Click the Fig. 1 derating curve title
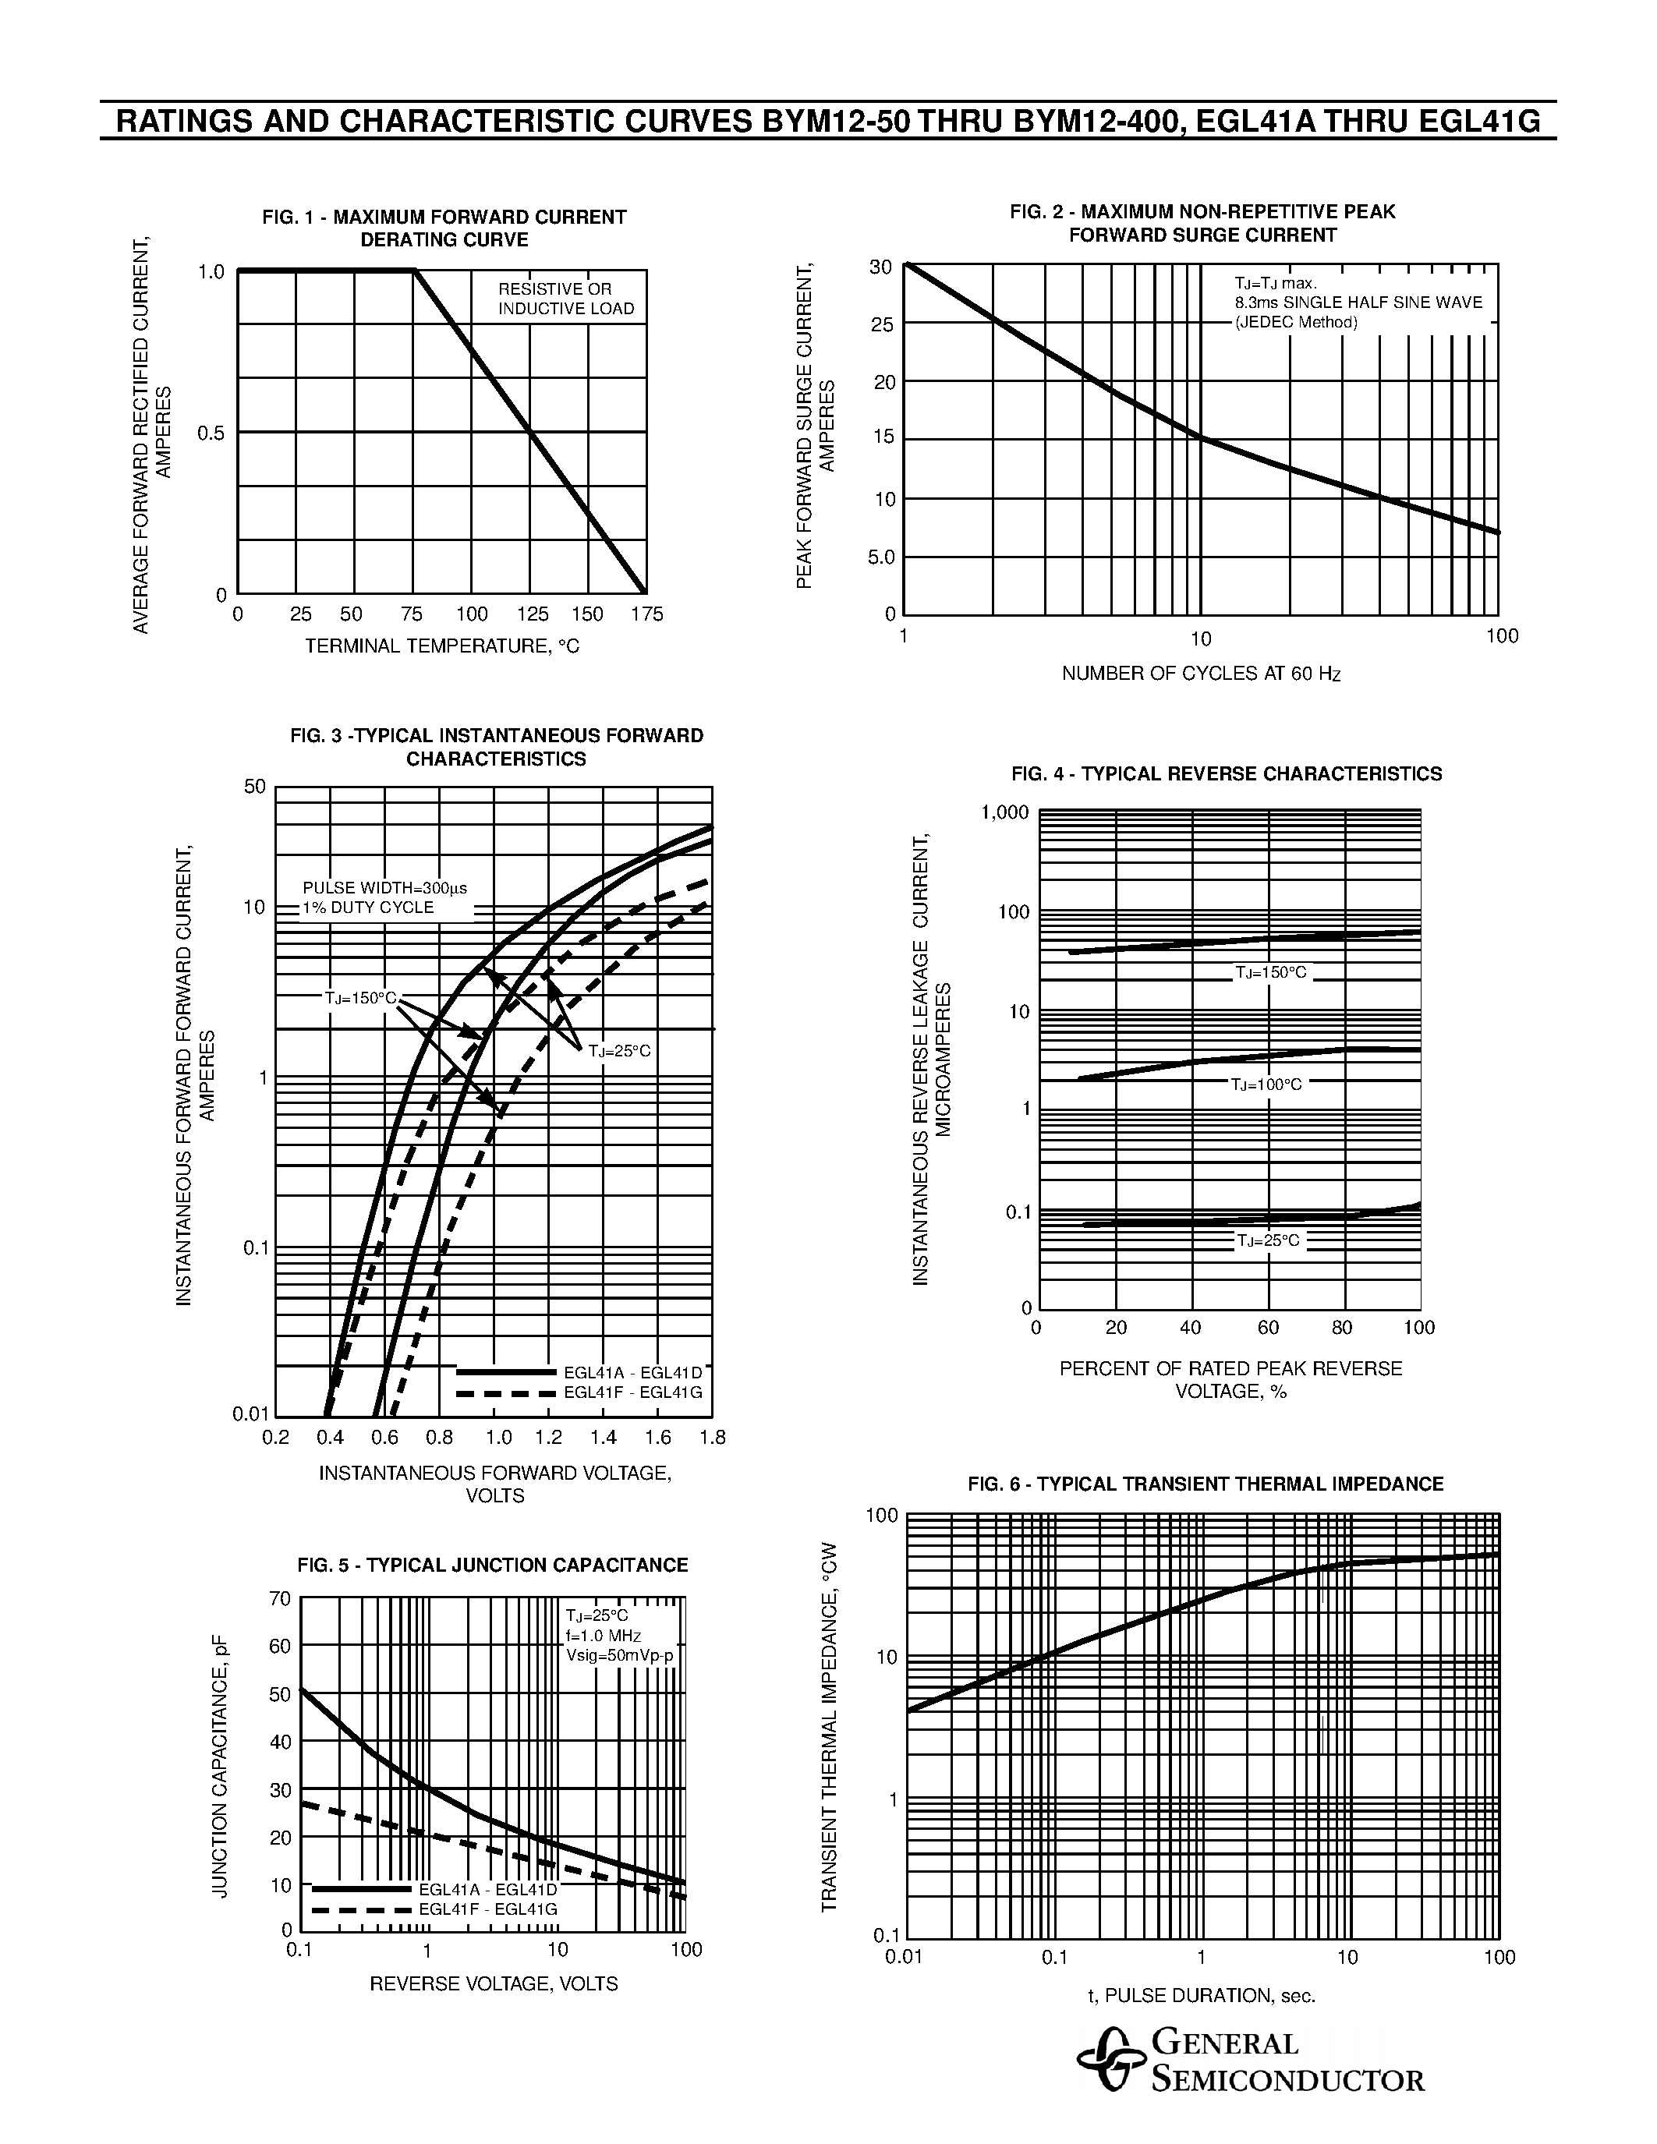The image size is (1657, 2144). point(444,228)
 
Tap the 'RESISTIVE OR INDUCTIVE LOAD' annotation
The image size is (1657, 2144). point(565,299)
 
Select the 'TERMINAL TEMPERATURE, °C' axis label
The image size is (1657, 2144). point(441,646)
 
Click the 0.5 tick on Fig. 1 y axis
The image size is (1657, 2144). point(211,433)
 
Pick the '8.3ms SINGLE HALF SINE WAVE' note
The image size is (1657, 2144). point(1358,302)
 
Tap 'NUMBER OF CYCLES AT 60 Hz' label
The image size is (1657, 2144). point(1201,674)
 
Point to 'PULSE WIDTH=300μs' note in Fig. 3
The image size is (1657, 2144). point(384,887)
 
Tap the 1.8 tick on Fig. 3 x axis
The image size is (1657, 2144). point(713,1438)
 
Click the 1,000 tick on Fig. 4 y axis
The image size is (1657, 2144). point(1005,813)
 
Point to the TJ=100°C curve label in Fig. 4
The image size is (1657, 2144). point(1266,1084)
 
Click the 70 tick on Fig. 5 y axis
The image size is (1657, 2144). point(280,1599)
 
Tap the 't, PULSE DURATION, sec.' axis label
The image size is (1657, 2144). point(1201,1995)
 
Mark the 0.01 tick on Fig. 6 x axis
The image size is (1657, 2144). point(904,1957)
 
